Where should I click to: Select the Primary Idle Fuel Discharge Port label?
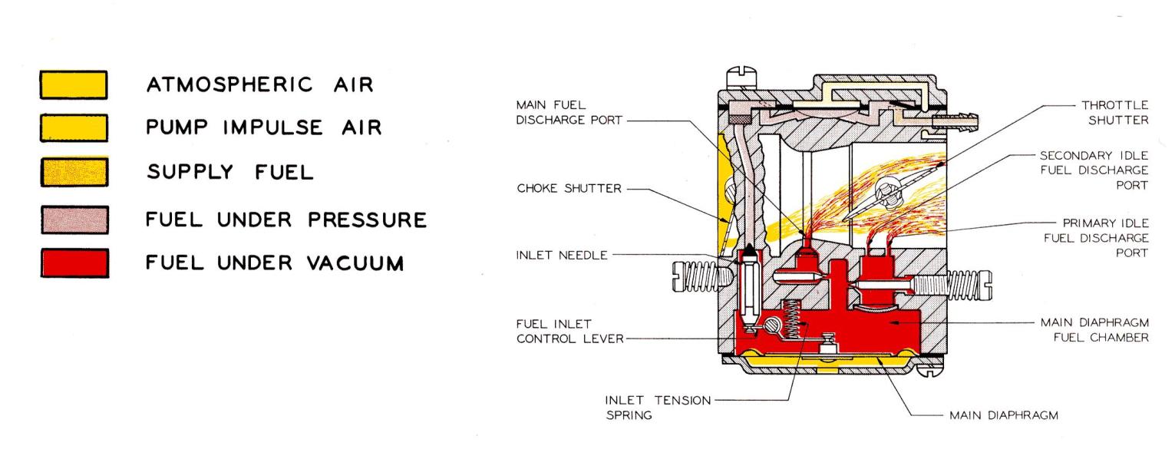coord(1102,237)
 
